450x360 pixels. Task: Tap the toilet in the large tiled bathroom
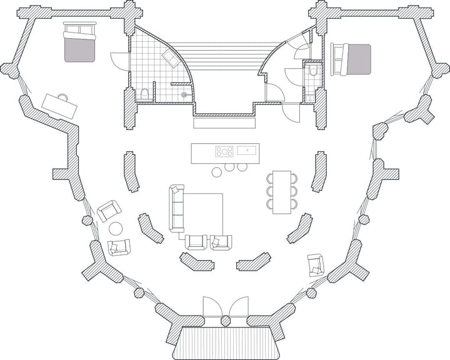tap(145, 93)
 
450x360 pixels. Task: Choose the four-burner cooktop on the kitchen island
tap(224, 150)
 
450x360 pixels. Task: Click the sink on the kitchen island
tap(245, 150)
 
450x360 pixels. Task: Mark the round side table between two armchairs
tap(117, 228)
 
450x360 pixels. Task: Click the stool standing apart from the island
tap(216, 172)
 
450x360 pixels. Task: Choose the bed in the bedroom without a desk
tap(355, 59)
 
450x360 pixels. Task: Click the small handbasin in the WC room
tap(311, 98)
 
